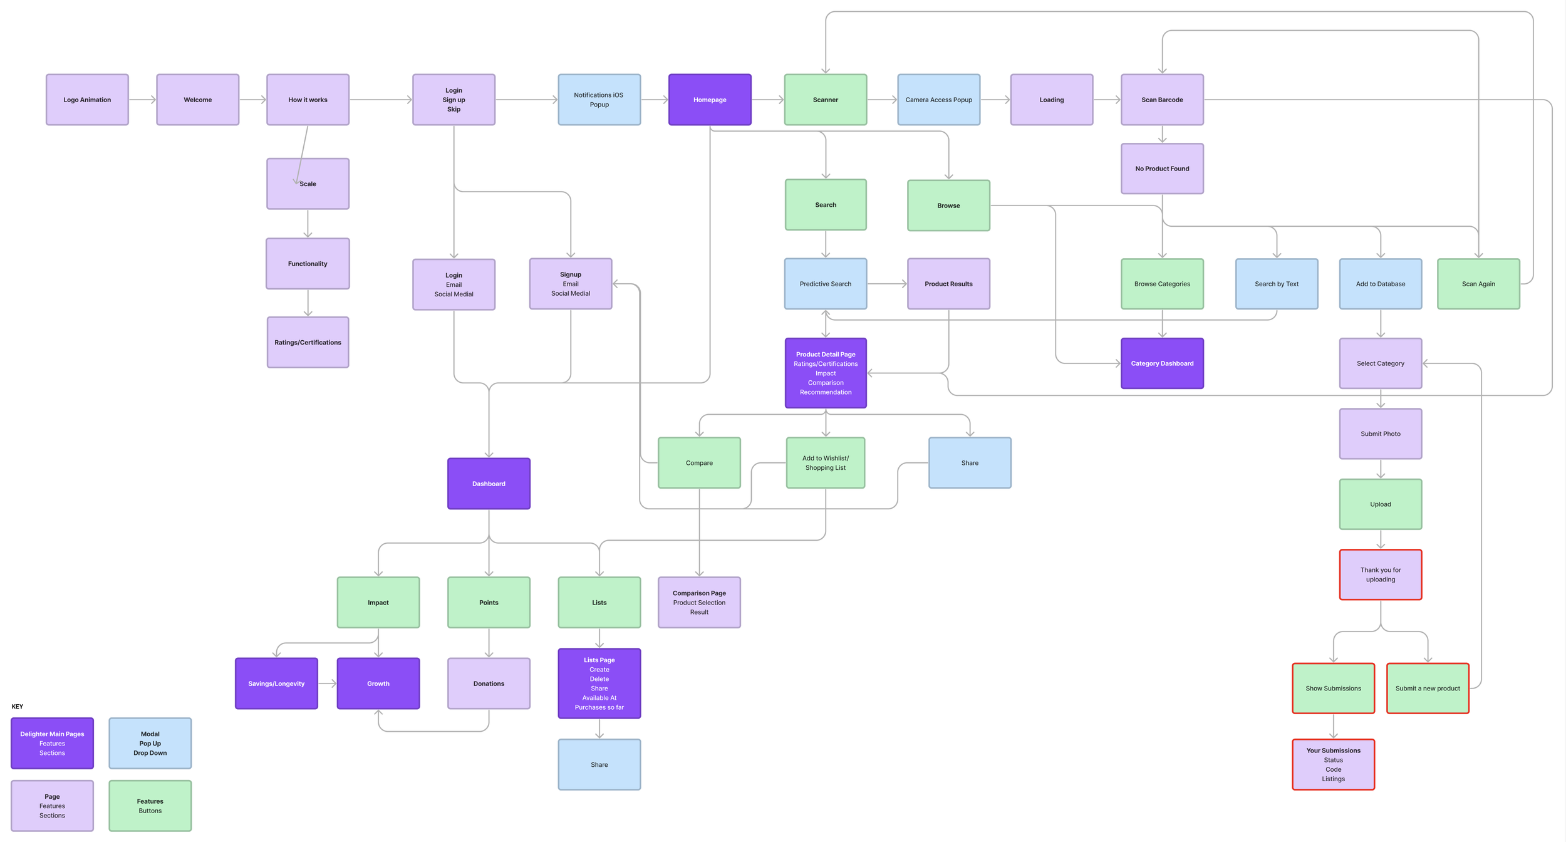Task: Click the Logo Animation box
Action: (x=87, y=100)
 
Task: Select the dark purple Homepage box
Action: (x=710, y=100)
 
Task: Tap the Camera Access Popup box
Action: (x=938, y=100)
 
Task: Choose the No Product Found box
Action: (x=1162, y=169)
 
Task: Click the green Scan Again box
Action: (x=1478, y=284)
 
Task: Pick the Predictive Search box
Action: (x=826, y=284)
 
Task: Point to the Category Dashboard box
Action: (x=1162, y=363)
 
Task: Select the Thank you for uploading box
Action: (x=1381, y=574)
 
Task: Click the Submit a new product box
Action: (x=1428, y=688)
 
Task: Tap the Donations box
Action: (x=489, y=683)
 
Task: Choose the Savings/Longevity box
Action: (x=276, y=683)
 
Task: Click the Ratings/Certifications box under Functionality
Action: (x=308, y=342)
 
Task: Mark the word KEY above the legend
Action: (x=18, y=706)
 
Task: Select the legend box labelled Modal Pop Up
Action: (x=150, y=743)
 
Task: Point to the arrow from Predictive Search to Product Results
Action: (x=887, y=284)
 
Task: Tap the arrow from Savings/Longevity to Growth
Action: (x=328, y=683)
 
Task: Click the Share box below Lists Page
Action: (x=599, y=764)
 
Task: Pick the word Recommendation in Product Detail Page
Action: (x=826, y=392)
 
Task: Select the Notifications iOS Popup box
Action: (x=599, y=100)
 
